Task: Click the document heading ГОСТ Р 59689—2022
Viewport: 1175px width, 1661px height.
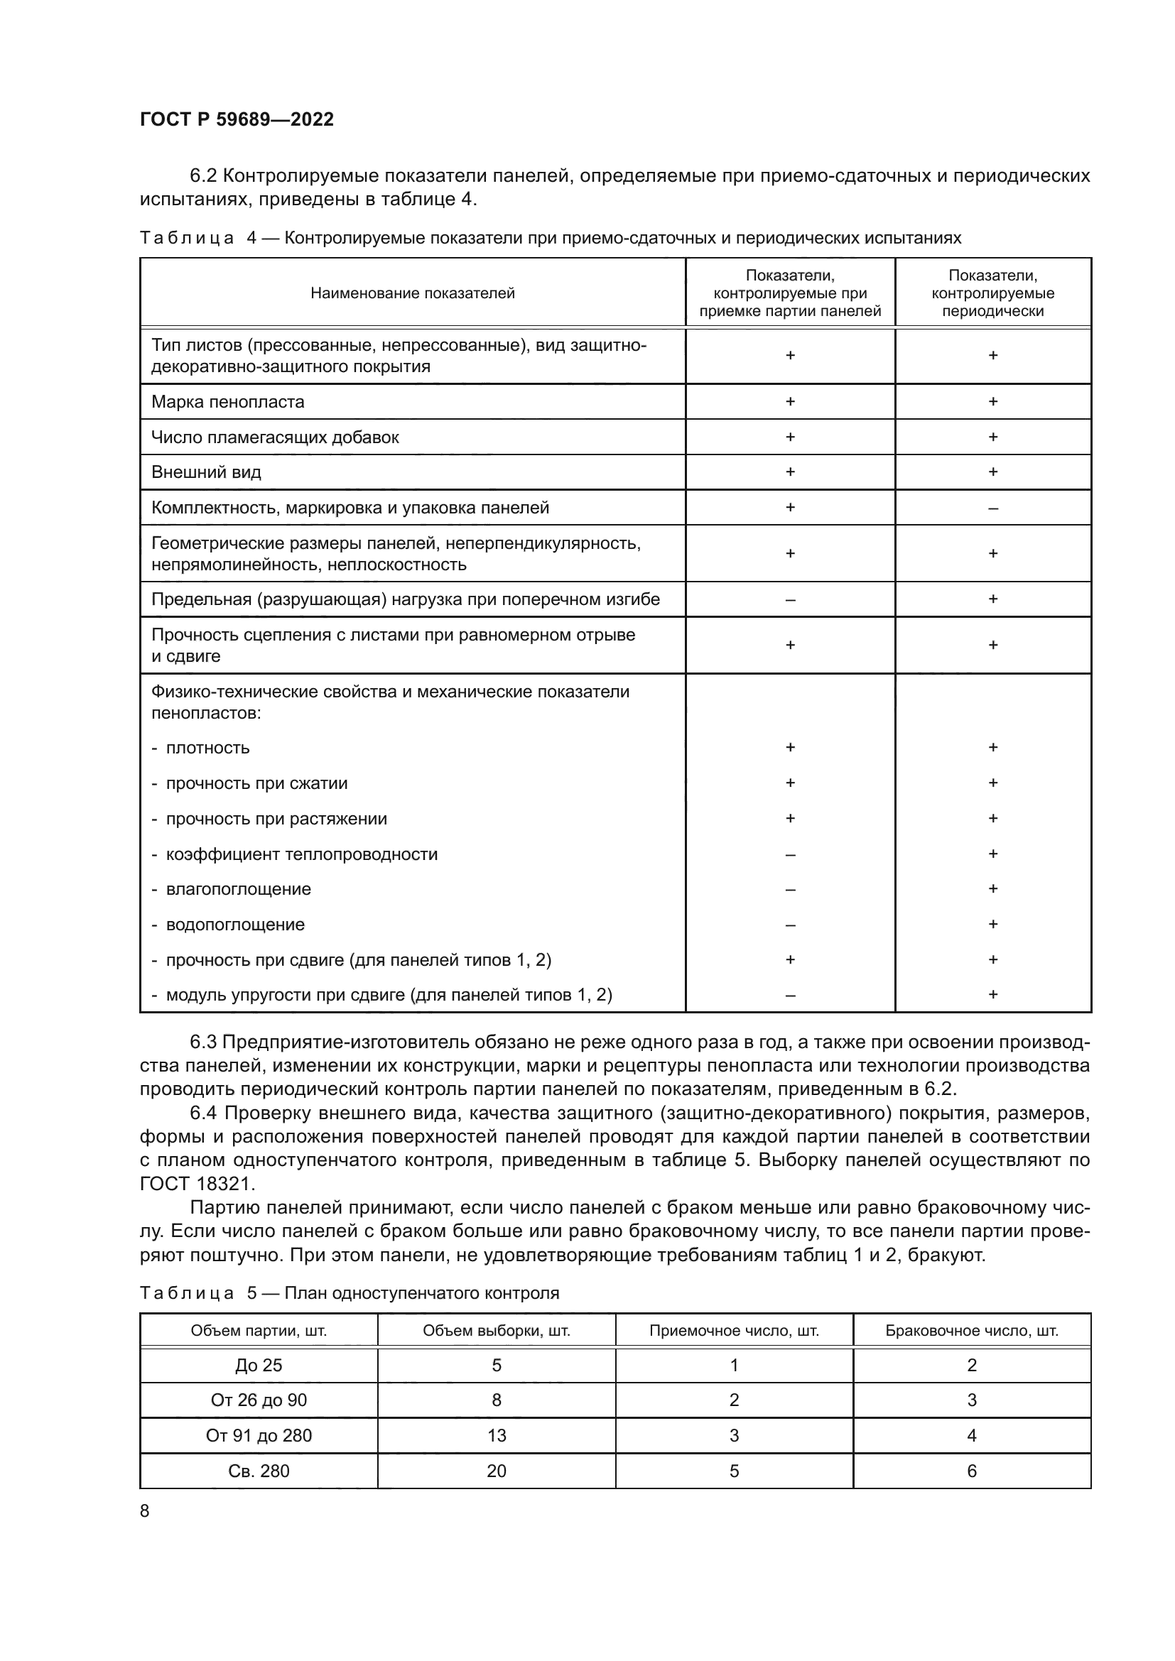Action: pyautogui.click(x=237, y=119)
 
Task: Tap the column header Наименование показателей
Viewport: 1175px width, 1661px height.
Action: pyautogui.click(x=413, y=293)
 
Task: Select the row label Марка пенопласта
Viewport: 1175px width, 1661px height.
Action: pyautogui.click(x=228, y=401)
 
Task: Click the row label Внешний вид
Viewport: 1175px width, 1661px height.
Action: pyautogui.click(x=206, y=472)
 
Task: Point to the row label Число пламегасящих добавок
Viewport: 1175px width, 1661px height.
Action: pyautogui.click(x=275, y=437)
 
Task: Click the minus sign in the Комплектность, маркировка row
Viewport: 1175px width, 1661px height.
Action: pyautogui.click(x=992, y=508)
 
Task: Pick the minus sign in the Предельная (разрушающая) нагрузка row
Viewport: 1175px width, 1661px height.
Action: pyautogui.click(x=790, y=600)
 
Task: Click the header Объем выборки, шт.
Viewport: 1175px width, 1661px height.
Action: pyautogui.click(x=497, y=1330)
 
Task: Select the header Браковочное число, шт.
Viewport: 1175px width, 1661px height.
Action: pyautogui.click(x=972, y=1330)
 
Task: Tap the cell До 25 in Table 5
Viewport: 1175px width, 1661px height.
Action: pyautogui.click(x=259, y=1365)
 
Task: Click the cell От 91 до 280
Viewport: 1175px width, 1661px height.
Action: pyautogui.click(x=259, y=1435)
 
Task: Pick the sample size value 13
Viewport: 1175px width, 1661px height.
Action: pyautogui.click(x=497, y=1435)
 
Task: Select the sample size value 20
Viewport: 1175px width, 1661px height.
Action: pyautogui.click(x=497, y=1471)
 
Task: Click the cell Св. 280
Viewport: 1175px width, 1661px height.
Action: pyautogui.click(x=259, y=1471)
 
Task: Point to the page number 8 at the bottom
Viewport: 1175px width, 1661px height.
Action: pyautogui.click(x=145, y=1510)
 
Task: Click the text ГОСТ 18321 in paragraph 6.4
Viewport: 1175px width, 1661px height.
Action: pyautogui.click(x=197, y=1184)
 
